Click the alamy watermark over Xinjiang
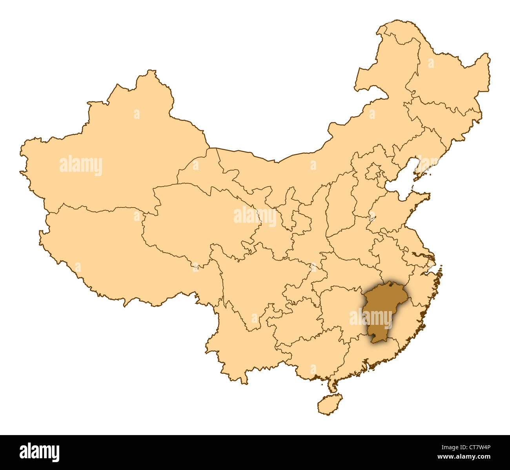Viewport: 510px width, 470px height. pyautogui.click(x=81, y=166)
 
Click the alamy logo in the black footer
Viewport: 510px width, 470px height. pyautogui.click(x=39, y=452)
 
